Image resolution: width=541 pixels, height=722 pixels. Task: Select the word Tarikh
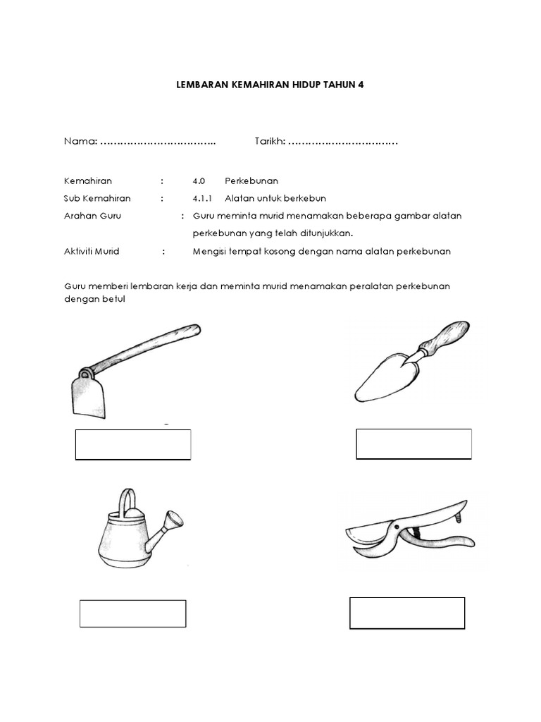pos(268,142)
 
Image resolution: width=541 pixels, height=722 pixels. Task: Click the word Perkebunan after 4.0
pos(251,180)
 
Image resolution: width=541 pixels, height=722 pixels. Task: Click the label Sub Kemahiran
pos(97,198)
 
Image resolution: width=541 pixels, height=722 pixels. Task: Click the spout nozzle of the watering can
pos(170,522)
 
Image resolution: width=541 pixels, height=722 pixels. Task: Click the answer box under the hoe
pos(133,445)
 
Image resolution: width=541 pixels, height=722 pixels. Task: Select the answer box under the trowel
pos(413,443)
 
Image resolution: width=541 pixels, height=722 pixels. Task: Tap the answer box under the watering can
pos(132,613)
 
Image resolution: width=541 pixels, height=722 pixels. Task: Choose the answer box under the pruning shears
pos(407,613)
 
